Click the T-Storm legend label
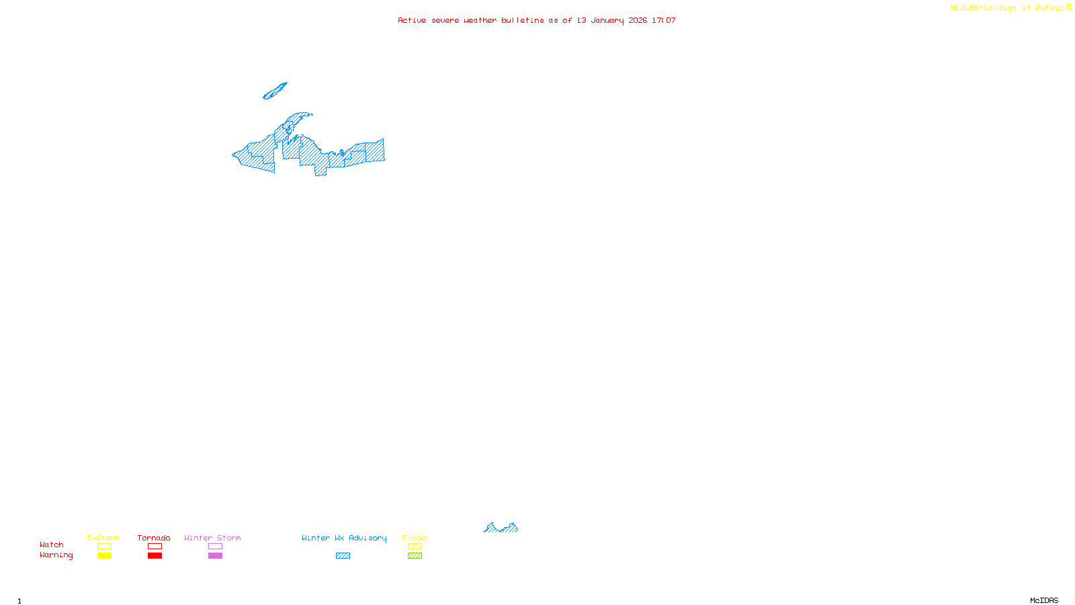103,538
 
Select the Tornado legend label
154,538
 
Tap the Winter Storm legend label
212,538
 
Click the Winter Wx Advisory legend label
344,538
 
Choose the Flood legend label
415,538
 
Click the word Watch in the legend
52,544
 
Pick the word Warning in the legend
56,555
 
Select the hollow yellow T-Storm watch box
104,547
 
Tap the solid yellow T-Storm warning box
104,556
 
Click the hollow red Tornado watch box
155,547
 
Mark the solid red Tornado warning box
155,556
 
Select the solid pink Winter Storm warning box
215,556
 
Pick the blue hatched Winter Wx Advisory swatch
343,556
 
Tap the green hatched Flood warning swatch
415,556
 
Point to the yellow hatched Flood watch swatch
415,547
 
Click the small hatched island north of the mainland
275,91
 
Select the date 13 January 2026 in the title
611,20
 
